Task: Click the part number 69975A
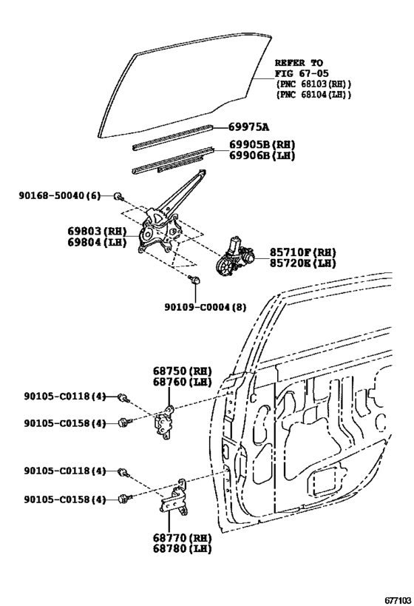coord(248,127)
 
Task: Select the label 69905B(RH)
coord(262,144)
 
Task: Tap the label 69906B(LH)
coord(262,155)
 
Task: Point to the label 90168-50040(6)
coord(60,196)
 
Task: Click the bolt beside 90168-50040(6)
coord(118,197)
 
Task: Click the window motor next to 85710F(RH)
coord(235,256)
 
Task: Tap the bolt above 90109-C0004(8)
coord(194,279)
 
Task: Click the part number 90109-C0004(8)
coord(206,307)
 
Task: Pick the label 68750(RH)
coord(183,371)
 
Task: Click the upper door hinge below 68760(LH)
coord(166,424)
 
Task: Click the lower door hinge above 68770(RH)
coord(174,498)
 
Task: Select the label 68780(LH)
coord(183,548)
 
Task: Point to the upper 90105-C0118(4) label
coord(65,396)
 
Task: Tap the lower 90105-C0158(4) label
coord(65,499)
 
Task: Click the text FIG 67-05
coord(302,73)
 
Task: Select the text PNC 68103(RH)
coord(313,84)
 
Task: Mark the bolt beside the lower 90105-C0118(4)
coord(123,472)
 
